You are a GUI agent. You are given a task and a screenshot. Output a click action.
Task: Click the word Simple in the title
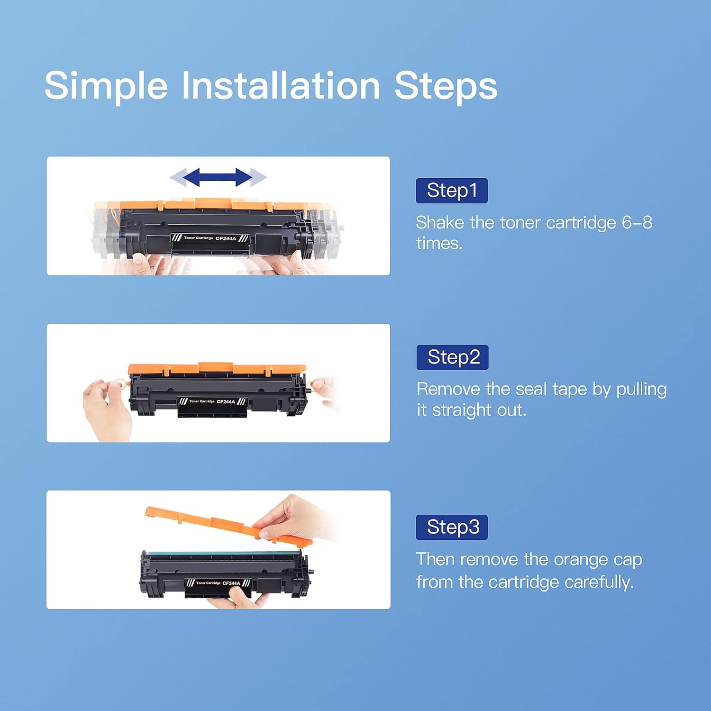[x=106, y=86]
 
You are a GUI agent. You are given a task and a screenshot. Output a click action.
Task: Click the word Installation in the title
[x=281, y=86]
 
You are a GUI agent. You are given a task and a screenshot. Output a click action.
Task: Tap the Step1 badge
[x=451, y=191]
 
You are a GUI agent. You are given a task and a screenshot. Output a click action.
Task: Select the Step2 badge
[x=452, y=357]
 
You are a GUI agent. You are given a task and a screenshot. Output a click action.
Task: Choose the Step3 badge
[x=451, y=527]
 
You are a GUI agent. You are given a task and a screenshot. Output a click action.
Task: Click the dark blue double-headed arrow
[x=218, y=177]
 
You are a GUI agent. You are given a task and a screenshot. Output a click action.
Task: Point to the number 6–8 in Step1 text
[x=637, y=222]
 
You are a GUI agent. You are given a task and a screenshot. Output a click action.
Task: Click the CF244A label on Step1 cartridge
[x=226, y=238]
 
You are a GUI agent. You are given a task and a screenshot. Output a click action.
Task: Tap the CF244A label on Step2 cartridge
[x=226, y=401]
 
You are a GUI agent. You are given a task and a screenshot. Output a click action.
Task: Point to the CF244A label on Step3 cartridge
[x=231, y=583]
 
